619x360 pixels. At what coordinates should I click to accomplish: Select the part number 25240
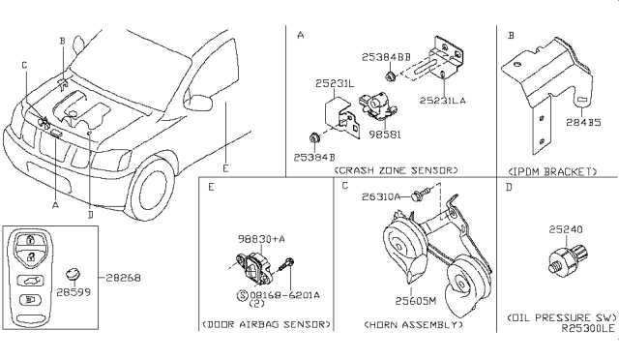tap(567, 230)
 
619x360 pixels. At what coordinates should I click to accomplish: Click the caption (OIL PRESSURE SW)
tap(558, 316)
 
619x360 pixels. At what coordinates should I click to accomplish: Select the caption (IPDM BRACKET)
tap(551, 171)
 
